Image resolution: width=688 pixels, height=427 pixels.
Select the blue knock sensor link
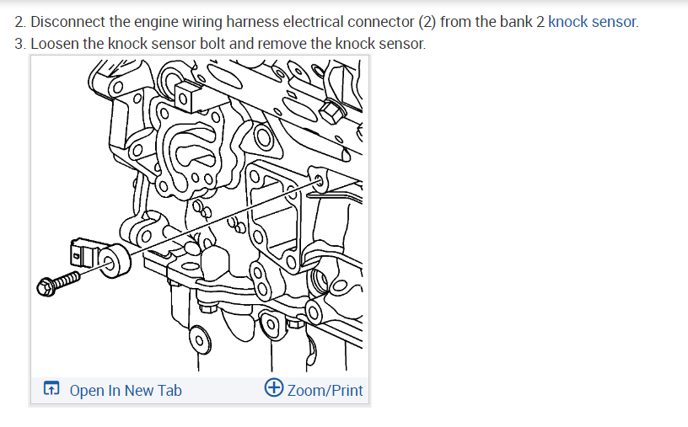pos(593,22)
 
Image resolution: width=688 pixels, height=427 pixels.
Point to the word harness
pos(250,22)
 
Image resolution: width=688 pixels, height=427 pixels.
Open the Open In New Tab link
pos(126,390)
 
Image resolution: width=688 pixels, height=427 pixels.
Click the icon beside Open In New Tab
pos(51,390)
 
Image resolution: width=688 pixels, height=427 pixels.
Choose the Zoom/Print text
pos(325,390)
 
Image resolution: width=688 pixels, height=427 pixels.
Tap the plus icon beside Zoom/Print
pos(273,389)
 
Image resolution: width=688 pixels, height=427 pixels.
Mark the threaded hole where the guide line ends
pos(320,179)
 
